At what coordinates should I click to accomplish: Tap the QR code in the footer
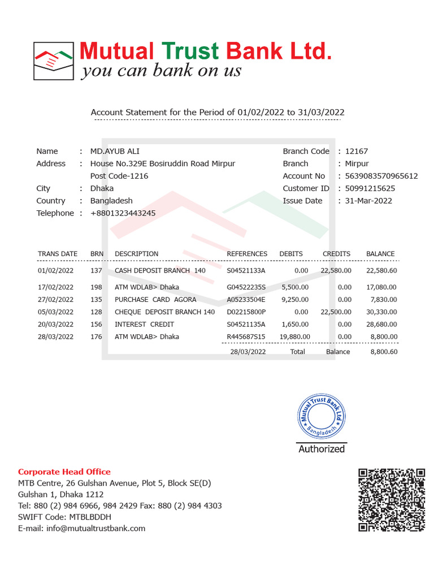coord(392,499)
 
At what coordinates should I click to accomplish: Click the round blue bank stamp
coord(321,416)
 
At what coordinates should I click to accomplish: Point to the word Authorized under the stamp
coord(322,449)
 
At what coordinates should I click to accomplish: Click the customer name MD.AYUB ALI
coord(115,151)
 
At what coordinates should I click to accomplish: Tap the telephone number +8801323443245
coord(123,213)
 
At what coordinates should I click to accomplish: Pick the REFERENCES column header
coord(247,254)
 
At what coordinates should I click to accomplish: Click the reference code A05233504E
coord(246,300)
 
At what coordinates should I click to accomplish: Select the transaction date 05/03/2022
coord(55,312)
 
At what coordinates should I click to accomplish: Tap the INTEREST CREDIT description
coord(144,325)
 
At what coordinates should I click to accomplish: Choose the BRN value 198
coord(96,287)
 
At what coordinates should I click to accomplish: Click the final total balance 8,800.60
coord(384,352)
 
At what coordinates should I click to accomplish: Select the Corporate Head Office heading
coord(64,472)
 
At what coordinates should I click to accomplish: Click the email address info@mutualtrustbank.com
coord(81,528)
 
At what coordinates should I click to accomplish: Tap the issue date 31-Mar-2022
coord(369,201)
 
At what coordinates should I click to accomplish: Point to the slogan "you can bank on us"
coord(161,71)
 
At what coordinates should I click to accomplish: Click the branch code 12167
coord(356,151)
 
